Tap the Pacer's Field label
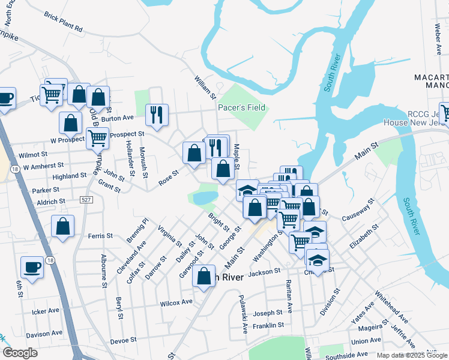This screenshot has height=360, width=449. coord(241,108)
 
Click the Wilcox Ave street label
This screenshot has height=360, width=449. coord(176,304)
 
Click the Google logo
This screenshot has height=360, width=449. coord(20,353)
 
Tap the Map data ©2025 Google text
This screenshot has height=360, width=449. coord(412,355)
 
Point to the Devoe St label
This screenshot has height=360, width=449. coord(123,340)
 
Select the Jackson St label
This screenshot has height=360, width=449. coord(264,272)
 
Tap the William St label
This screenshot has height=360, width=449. coord(205,88)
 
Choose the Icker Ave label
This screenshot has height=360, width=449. coord(46,311)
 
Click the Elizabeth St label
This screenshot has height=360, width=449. coord(364,236)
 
